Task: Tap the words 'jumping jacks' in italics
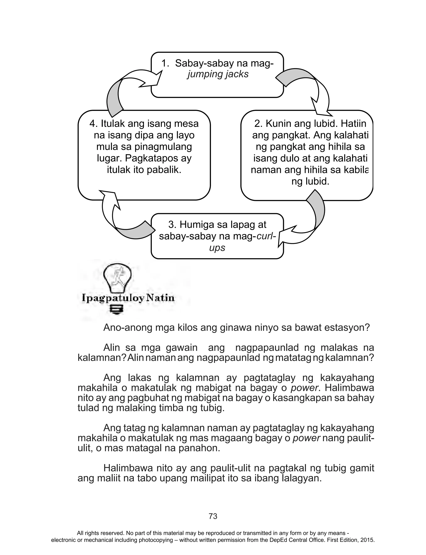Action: [x=218, y=74]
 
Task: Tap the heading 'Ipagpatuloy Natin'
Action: [x=128, y=298]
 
